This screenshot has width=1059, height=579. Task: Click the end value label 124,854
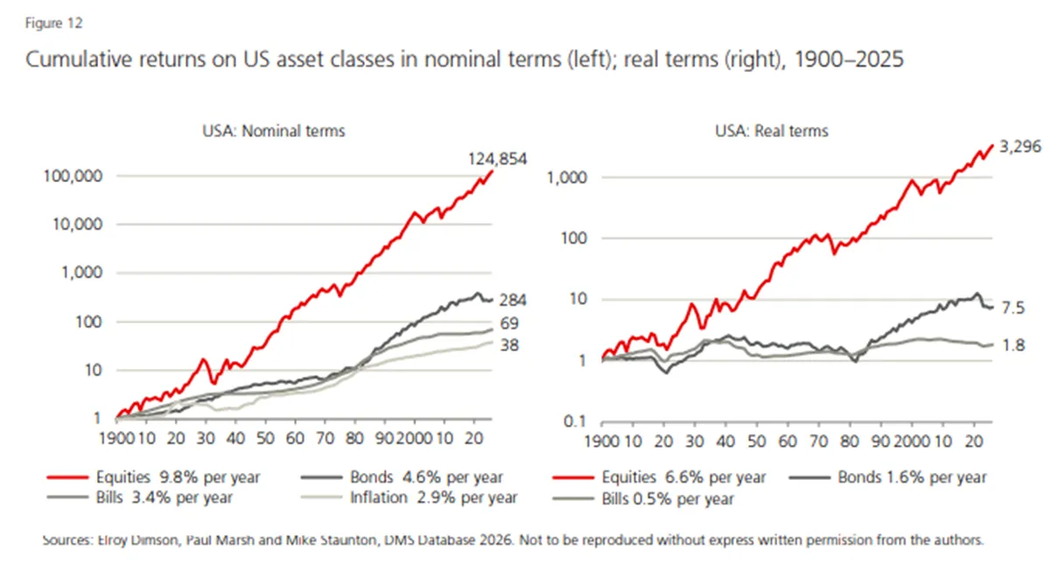coord(497,159)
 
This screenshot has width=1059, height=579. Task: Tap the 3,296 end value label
coord(1020,146)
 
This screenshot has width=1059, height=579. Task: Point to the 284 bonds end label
coord(513,300)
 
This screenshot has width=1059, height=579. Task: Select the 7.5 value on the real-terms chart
coord(1013,308)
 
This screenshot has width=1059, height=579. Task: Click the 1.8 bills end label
coord(1013,345)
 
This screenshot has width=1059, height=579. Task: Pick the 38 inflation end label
coord(509,345)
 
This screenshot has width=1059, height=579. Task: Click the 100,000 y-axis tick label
coord(73,176)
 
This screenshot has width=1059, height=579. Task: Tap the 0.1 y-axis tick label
coord(575,420)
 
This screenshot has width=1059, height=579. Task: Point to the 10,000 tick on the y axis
coord(78,224)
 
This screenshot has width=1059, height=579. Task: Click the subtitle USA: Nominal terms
coord(274,131)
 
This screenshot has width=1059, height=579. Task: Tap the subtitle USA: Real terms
coord(772,131)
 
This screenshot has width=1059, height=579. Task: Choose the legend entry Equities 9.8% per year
coord(154,477)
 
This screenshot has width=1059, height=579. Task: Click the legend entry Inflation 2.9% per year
coord(410,498)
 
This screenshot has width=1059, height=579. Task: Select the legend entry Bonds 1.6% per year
coord(887,477)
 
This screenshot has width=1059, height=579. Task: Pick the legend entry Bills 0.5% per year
coord(643,498)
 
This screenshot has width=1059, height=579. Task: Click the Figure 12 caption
coord(54,23)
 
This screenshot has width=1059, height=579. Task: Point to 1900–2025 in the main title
coord(849,60)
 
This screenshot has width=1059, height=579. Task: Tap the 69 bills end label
coord(509,323)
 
